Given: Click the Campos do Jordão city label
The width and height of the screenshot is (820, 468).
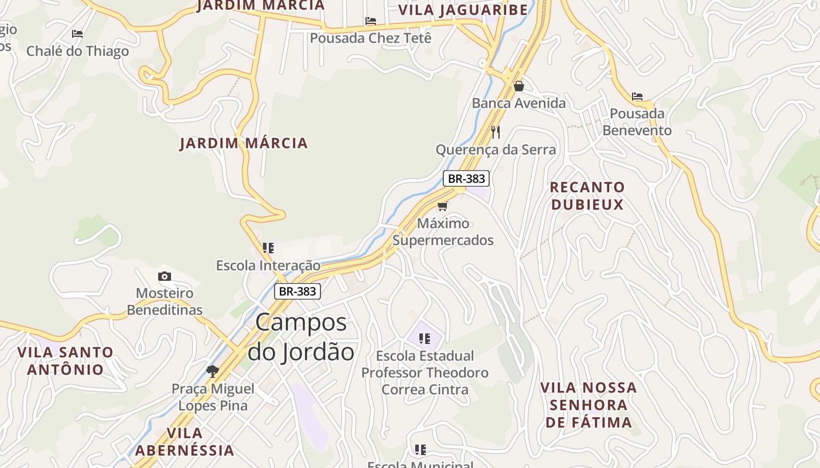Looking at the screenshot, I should point(301,338).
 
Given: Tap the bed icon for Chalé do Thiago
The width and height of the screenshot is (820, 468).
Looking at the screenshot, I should point(77,34).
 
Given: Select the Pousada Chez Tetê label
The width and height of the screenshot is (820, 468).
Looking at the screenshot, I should point(370,38).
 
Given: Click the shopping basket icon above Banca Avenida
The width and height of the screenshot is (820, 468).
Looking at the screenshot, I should point(518,86).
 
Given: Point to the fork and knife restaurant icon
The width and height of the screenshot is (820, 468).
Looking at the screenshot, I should point(496,132).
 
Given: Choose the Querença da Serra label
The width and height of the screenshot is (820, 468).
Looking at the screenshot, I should point(496,150).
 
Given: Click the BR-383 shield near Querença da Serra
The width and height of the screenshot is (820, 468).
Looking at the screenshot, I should point(466,178).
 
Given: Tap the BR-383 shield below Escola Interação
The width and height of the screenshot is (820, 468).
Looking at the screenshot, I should point(298,291).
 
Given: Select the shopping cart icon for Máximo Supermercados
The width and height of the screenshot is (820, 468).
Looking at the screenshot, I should point(443,206).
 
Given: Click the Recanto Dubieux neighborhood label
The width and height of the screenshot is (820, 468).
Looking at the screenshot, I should point(587,195).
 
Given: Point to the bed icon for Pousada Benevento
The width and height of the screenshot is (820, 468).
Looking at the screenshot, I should point(637,96).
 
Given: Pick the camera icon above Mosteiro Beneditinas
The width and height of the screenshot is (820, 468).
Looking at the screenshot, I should point(165,276).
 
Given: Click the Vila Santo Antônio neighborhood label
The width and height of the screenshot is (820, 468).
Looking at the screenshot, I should point(65,361).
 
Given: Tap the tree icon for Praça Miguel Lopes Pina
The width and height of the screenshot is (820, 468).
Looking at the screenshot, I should point(213,371).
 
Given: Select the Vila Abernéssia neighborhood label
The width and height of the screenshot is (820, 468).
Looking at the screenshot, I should point(184,442).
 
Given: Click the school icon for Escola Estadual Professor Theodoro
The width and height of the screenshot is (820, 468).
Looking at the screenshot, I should point(425,338).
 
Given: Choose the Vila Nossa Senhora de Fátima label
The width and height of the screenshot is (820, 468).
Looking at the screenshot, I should point(589,405).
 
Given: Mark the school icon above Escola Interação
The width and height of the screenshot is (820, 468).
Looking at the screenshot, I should point(268,248).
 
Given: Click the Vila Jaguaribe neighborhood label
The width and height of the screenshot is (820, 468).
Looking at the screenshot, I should point(463,9).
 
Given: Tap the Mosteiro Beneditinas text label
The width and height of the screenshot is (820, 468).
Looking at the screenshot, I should point(165,301).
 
